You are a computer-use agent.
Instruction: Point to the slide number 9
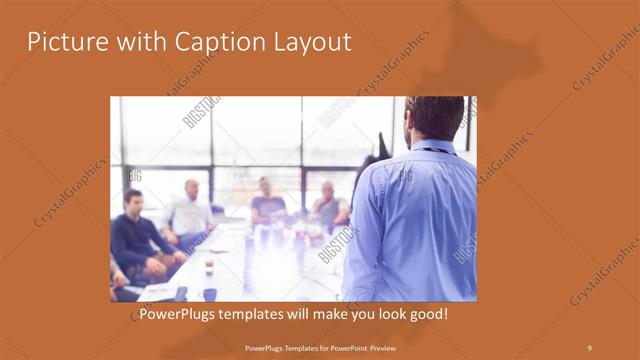click(x=589, y=347)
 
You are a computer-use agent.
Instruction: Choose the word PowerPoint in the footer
click(x=340, y=347)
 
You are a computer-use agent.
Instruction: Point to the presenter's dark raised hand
click(x=384, y=146)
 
